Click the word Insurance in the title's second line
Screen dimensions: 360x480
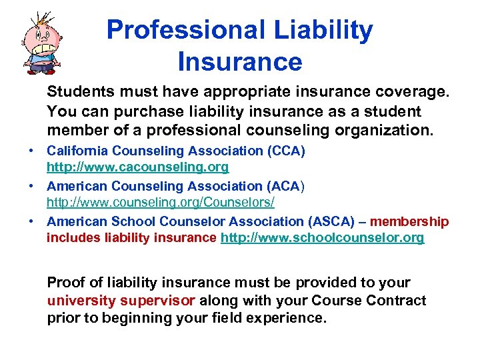click(x=240, y=62)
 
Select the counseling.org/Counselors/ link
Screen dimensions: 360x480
click(x=161, y=201)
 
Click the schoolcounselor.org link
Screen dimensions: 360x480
click(x=322, y=238)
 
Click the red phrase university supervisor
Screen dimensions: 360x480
click(x=121, y=300)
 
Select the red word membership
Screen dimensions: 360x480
click(x=409, y=221)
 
